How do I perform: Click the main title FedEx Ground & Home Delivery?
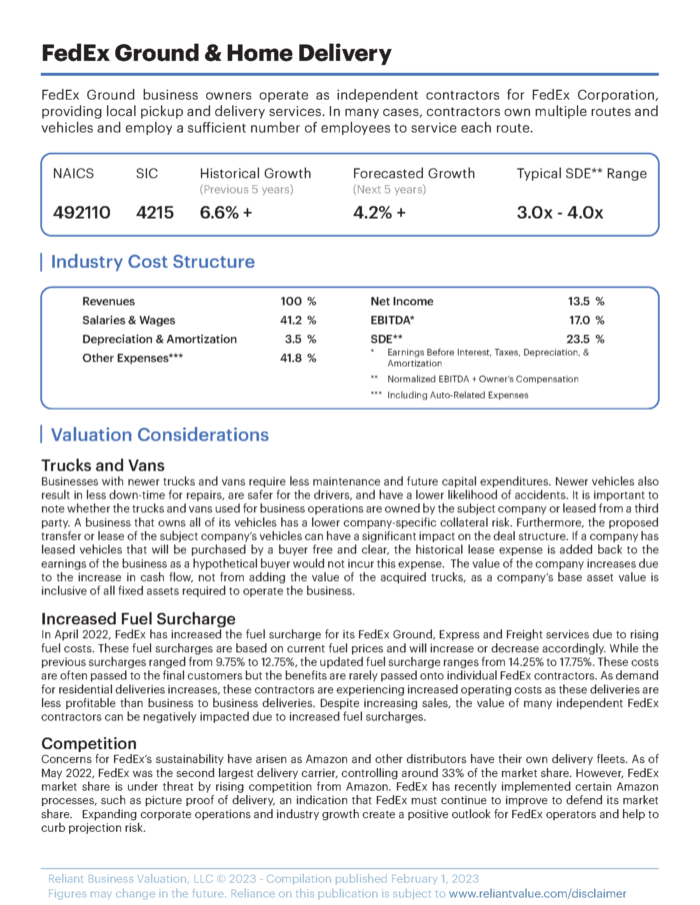click(217, 53)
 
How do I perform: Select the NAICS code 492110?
click(82, 213)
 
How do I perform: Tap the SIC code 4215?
click(156, 213)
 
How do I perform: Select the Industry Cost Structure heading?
click(152, 262)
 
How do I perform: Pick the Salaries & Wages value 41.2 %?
click(298, 320)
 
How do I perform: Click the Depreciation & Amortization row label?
click(159, 339)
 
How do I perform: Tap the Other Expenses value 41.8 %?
click(298, 358)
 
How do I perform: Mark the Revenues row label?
click(108, 301)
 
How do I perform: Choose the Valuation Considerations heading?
click(159, 435)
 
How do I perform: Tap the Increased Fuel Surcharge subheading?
click(138, 618)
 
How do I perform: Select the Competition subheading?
click(90, 743)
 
